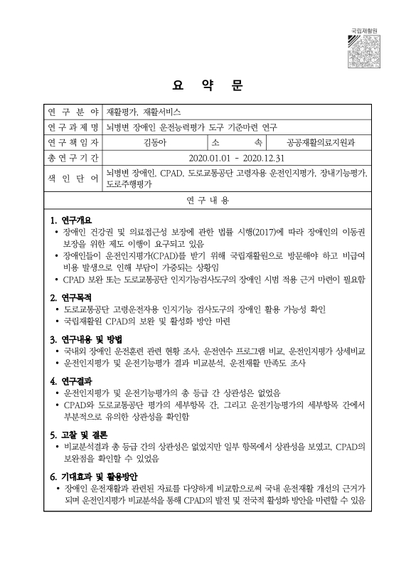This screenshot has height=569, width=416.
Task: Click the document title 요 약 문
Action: coord(207,87)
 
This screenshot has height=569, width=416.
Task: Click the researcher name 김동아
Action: coord(154,142)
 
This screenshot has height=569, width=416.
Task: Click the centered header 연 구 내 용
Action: coord(208,201)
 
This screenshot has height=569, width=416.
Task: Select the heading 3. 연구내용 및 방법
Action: coord(87,338)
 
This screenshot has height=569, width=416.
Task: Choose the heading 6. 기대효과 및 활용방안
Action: coord(94,476)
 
